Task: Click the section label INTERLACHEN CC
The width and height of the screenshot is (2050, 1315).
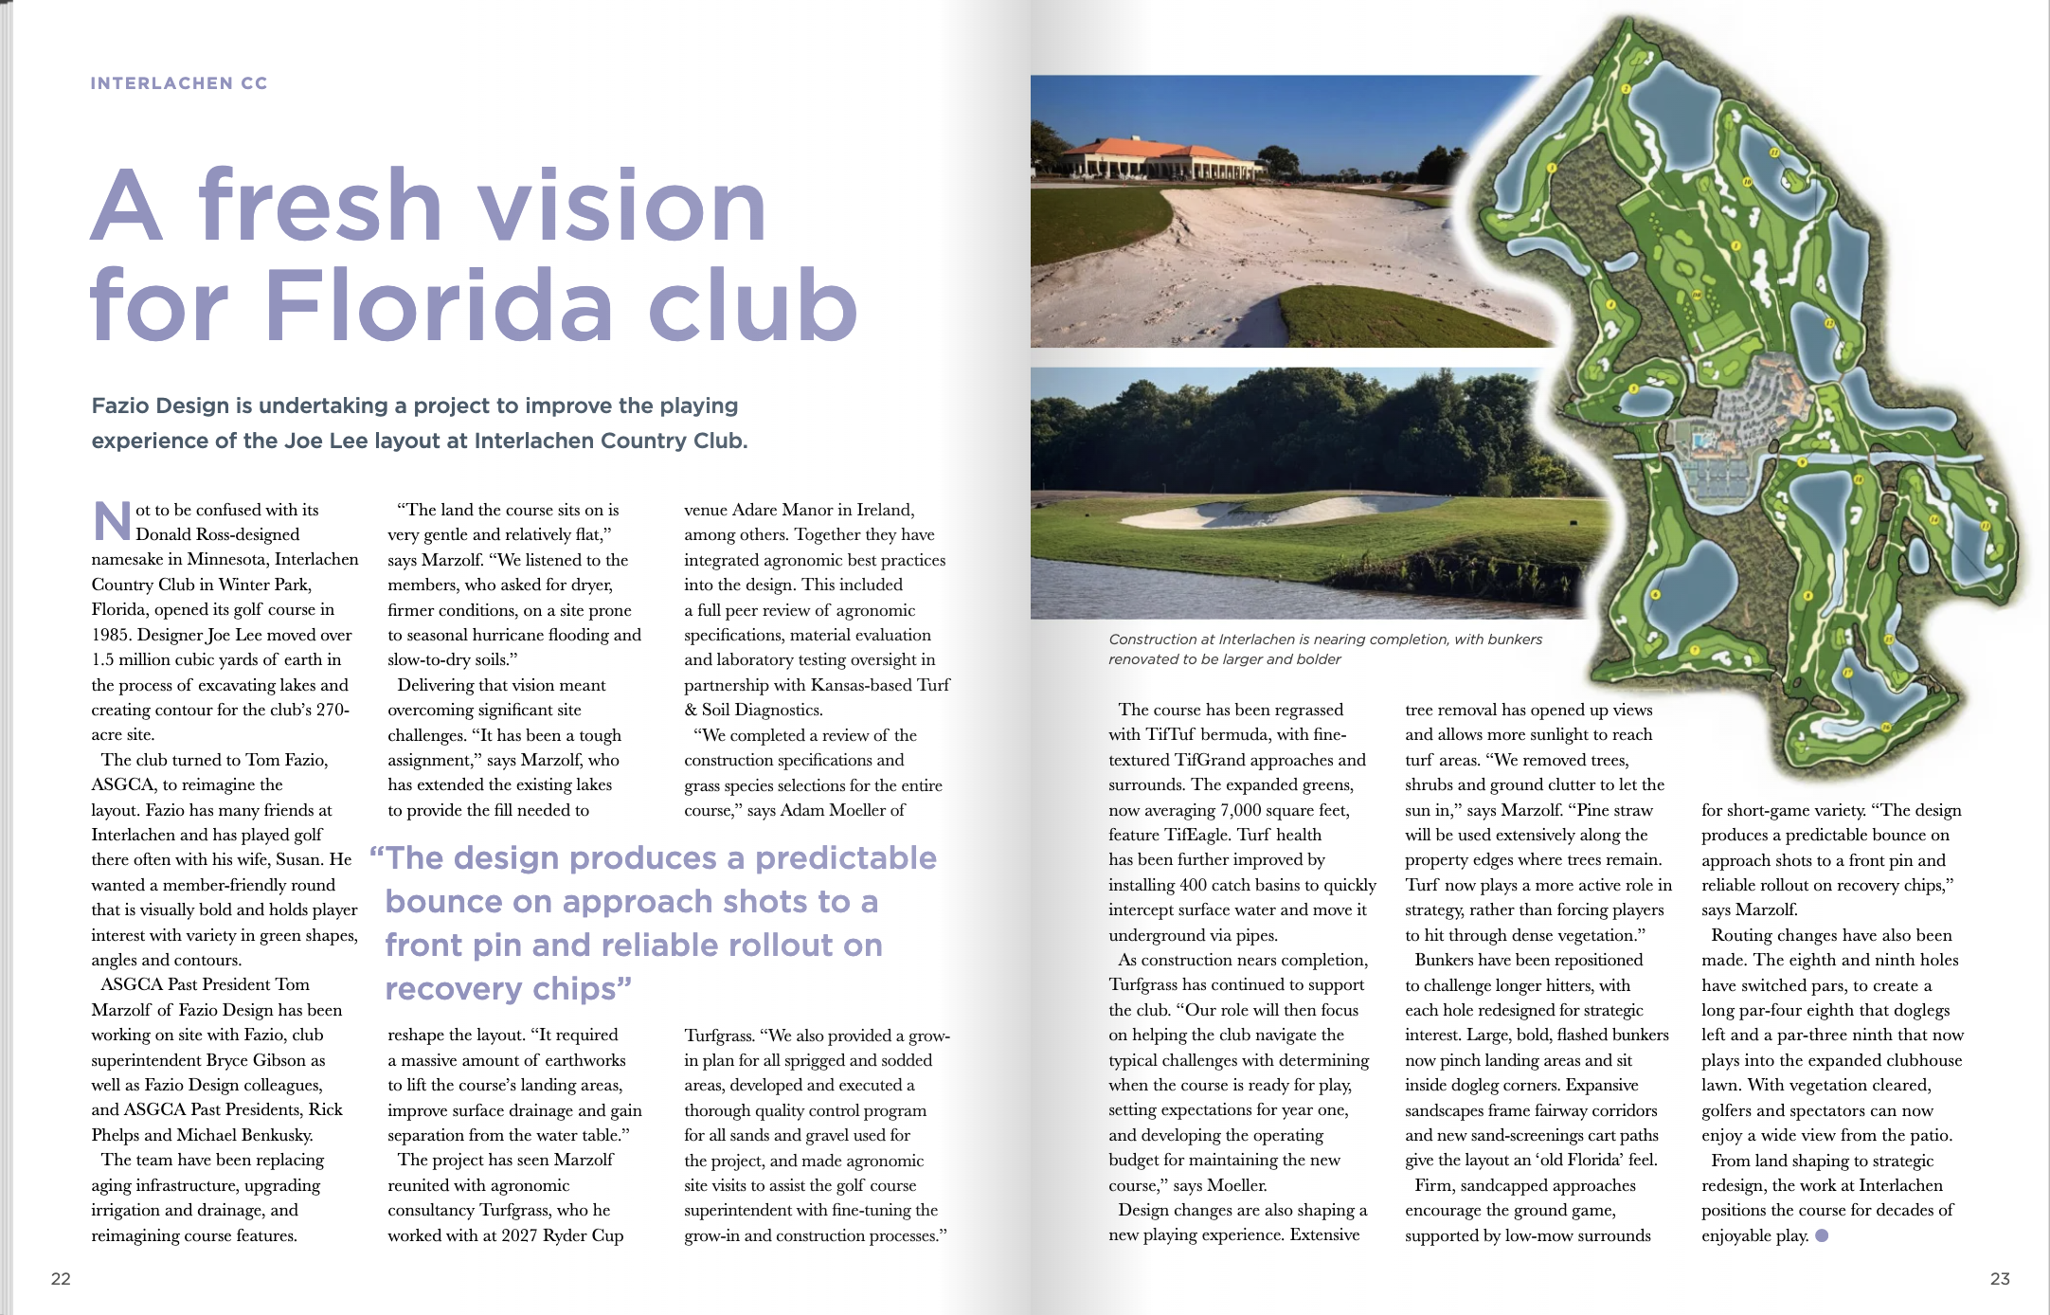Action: coord(179,83)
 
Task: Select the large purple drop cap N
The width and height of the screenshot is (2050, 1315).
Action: coord(111,522)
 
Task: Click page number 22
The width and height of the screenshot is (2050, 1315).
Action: coord(61,1279)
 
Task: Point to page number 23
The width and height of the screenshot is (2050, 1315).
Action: coord(1999,1279)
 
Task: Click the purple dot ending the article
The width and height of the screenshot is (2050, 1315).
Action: coord(1822,1235)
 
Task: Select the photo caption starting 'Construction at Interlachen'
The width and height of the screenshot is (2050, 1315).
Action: coord(1324,649)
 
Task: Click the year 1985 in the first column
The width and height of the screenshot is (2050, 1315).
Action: coord(112,635)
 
